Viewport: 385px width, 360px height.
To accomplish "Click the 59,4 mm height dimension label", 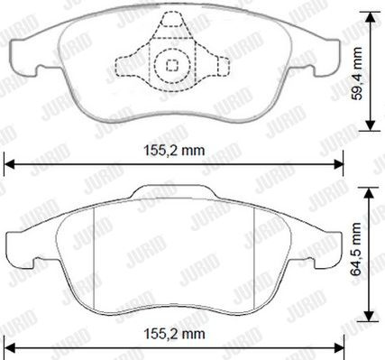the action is [x=357, y=73].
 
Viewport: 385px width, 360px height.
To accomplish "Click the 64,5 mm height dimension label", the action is [x=357, y=249].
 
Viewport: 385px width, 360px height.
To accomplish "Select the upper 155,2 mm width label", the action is [x=174, y=150].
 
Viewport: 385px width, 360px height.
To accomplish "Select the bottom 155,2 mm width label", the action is [x=174, y=334].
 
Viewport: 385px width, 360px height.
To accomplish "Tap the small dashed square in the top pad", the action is [x=172, y=65].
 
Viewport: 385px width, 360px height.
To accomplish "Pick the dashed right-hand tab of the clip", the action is [x=223, y=66].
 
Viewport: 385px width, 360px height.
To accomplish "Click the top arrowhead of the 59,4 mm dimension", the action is [x=371, y=17].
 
